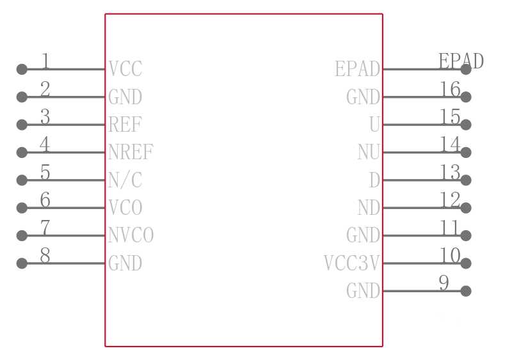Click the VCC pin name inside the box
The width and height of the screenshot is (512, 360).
[x=125, y=69]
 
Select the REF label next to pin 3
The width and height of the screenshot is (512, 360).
[x=125, y=124]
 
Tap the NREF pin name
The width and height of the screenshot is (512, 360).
[x=131, y=152]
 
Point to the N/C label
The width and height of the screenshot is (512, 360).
[x=125, y=180]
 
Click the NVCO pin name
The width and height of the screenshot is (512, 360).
[x=131, y=235]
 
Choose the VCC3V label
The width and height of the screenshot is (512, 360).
[x=351, y=263]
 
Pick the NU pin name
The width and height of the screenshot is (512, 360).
[x=369, y=152]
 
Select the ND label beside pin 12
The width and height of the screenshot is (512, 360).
[x=369, y=208]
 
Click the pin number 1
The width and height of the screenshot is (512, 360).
[x=45, y=61]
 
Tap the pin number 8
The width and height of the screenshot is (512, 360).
[x=45, y=255]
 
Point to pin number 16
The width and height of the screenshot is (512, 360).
[x=451, y=89]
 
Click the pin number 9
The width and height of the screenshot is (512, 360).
[x=444, y=283]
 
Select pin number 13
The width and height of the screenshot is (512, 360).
[x=451, y=173]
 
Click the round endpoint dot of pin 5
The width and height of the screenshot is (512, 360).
[x=22, y=180]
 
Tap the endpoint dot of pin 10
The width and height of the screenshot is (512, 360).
[x=466, y=263]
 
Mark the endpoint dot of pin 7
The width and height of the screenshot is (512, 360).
[x=22, y=235]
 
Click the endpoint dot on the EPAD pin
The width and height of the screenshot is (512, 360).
[x=466, y=69]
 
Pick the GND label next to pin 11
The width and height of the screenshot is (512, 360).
[x=363, y=235]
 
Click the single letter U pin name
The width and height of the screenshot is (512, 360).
[x=374, y=124]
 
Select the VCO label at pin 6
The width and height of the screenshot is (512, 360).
[x=125, y=208]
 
